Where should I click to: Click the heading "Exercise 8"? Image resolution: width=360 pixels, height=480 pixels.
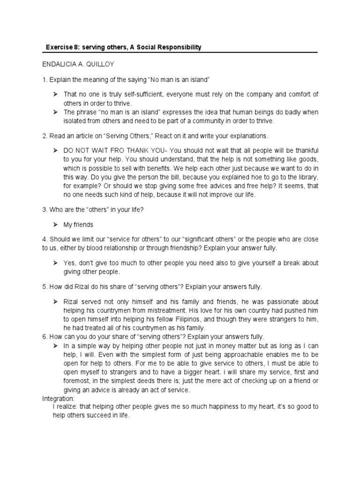point(61,47)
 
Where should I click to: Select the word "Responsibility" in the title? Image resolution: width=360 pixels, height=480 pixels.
point(180,47)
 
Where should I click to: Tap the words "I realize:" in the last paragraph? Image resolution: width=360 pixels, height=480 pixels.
point(66,406)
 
